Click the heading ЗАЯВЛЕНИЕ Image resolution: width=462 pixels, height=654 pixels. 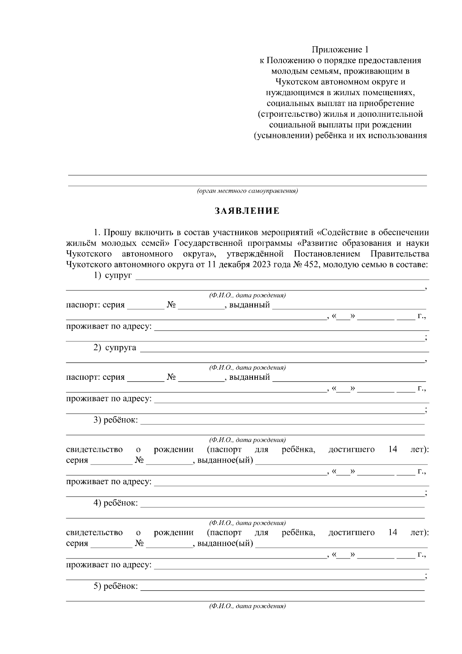[247, 211]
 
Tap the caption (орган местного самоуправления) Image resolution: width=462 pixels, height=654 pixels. [247, 191]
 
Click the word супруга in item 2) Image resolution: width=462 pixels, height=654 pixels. [121, 347]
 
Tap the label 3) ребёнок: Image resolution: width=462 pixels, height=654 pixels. [115, 420]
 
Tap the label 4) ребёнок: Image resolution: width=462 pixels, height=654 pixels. [115, 503]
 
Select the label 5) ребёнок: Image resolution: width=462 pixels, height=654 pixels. [115, 586]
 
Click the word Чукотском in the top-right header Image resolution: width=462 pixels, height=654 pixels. [294, 82]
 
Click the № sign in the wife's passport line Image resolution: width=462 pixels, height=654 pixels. [171, 377]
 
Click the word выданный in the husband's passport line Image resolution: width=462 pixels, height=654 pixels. [249, 305]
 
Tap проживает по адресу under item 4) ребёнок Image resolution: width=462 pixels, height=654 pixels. [109, 565]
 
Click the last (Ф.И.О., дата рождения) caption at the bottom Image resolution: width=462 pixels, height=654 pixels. [247, 606]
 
